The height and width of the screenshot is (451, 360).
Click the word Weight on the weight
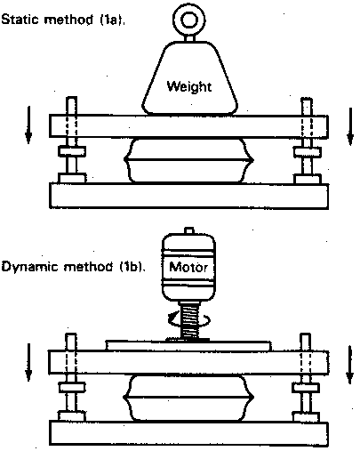[189, 86]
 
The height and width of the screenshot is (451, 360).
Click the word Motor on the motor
[188, 268]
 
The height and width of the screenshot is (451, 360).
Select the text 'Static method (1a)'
[63, 20]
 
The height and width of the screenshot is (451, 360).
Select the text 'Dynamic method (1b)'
[73, 267]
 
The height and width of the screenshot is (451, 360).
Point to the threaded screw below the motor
[189, 320]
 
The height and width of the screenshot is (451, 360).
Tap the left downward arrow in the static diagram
[28, 125]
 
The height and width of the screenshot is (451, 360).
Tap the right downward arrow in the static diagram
[350, 126]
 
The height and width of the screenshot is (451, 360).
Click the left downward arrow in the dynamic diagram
[28, 362]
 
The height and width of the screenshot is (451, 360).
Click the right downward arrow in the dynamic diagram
[350, 365]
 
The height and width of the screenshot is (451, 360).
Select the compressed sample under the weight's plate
[188, 160]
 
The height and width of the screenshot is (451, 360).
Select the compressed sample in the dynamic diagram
[188, 398]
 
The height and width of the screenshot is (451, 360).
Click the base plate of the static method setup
[188, 196]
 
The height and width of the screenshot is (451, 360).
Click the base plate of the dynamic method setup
[188, 433]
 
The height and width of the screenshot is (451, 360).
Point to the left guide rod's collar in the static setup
[72, 151]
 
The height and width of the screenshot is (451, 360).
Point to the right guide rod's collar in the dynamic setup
[306, 388]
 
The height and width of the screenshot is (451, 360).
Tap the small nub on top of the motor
[189, 230]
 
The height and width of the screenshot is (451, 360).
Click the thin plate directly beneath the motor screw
[188, 346]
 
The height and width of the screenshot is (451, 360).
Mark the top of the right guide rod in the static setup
[307, 99]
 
